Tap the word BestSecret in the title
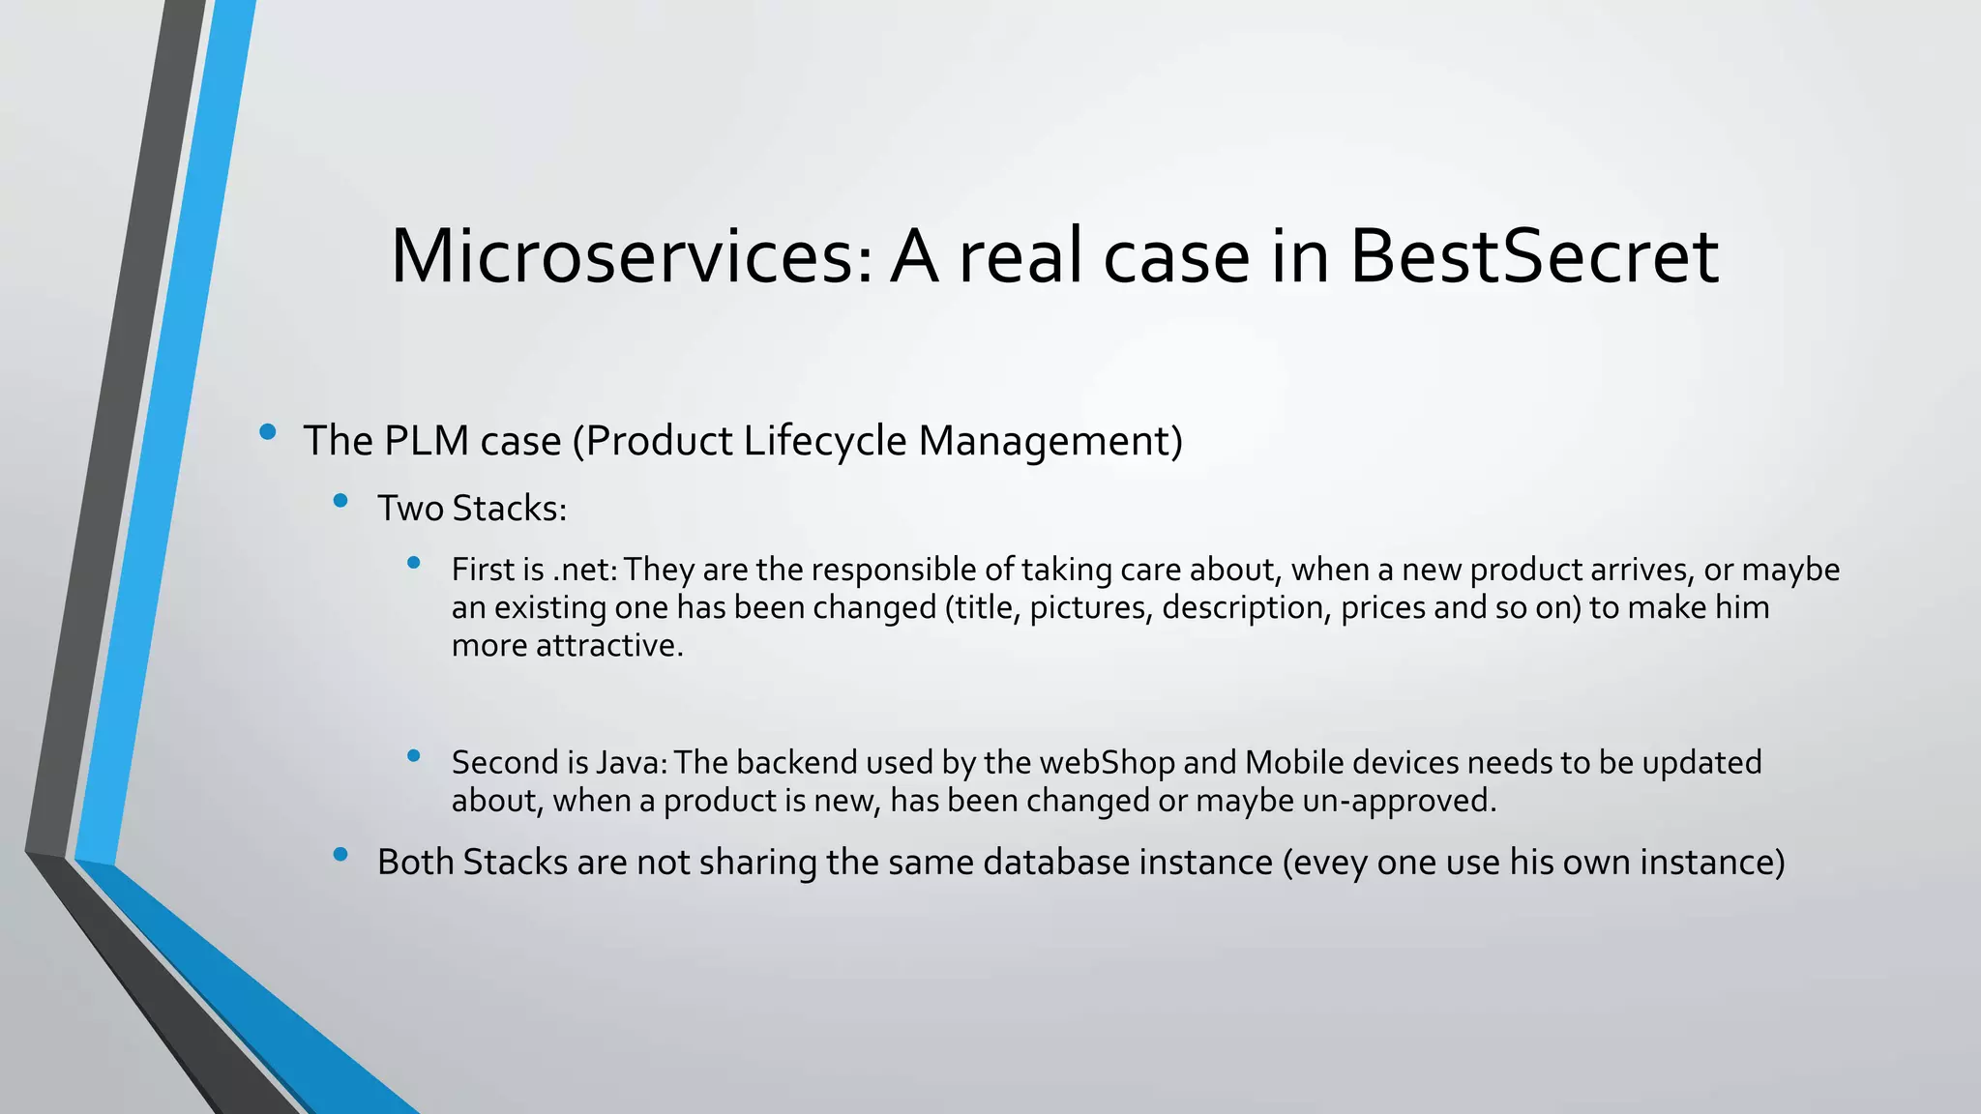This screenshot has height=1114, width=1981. tap(1533, 257)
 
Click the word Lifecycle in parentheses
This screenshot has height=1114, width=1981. tap(825, 441)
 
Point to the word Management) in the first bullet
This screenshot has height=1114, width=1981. tap(1050, 441)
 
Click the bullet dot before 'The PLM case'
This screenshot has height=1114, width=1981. tap(268, 432)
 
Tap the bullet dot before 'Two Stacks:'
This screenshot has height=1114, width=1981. tap(340, 501)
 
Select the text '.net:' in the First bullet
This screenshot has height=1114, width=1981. tap(584, 570)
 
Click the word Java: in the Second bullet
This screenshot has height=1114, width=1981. tap(632, 763)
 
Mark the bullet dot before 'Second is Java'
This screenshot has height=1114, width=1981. tap(414, 756)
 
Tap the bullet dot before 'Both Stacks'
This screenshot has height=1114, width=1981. tap(340, 854)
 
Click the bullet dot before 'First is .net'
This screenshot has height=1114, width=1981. tap(414, 563)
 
